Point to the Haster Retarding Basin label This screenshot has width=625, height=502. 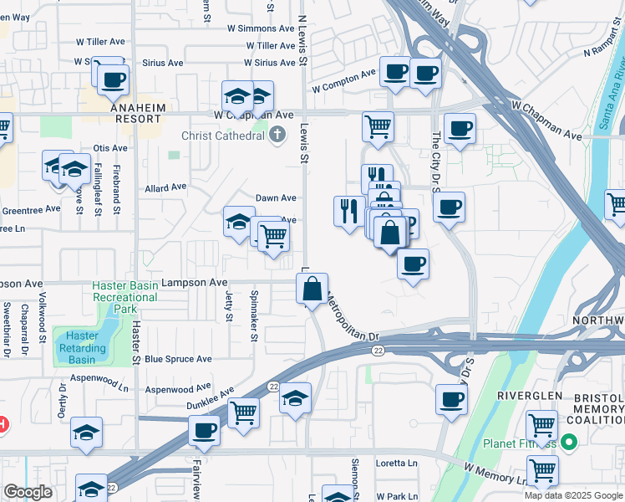pyautogui.click(x=82, y=348)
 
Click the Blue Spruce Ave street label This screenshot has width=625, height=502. pyautogui.click(x=178, y=359)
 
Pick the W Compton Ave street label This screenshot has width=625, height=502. pyautogui.click(x=343, y=81)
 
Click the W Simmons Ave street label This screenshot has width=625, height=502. pyautogui.click(x=262, y=28)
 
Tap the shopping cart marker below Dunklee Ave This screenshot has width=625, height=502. pyautogui.click(x=243, y=412)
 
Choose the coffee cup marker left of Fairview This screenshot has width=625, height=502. pyautogui.click(x=204, y=431)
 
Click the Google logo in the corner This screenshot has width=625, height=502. pyautogui.click(x=28, y=493)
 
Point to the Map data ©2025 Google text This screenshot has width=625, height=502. pyautogui.click(x=572, y=495)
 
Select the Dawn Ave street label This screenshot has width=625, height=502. pyautogui.click(x=276, y=198)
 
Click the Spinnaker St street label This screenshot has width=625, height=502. pyautogui.click(x=252, y=315)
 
